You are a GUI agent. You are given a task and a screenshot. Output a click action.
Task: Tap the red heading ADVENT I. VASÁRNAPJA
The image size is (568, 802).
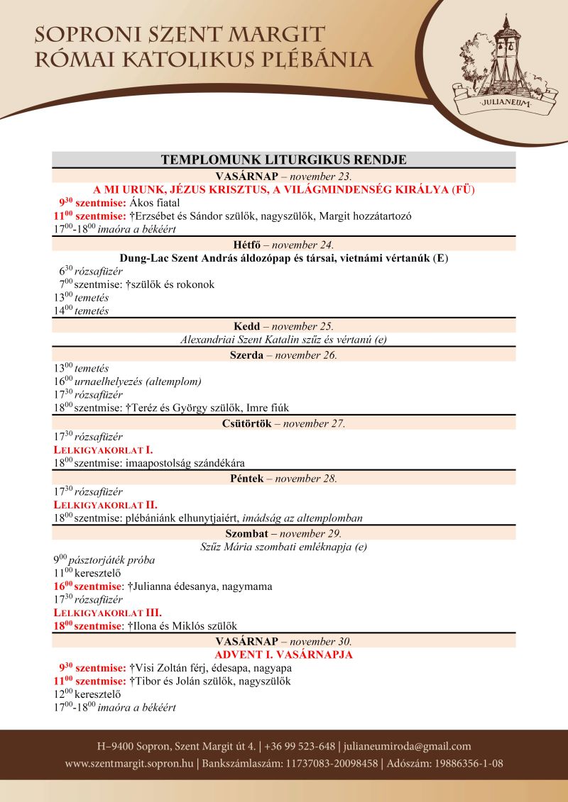tap(283, 655)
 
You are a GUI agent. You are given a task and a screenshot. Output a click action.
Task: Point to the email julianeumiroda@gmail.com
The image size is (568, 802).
tap(408, 746)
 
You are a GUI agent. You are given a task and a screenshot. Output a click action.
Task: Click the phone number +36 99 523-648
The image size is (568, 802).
tap(301, 746)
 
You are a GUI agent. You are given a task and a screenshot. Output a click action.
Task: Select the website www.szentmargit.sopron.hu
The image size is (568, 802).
tap(129, 764)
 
